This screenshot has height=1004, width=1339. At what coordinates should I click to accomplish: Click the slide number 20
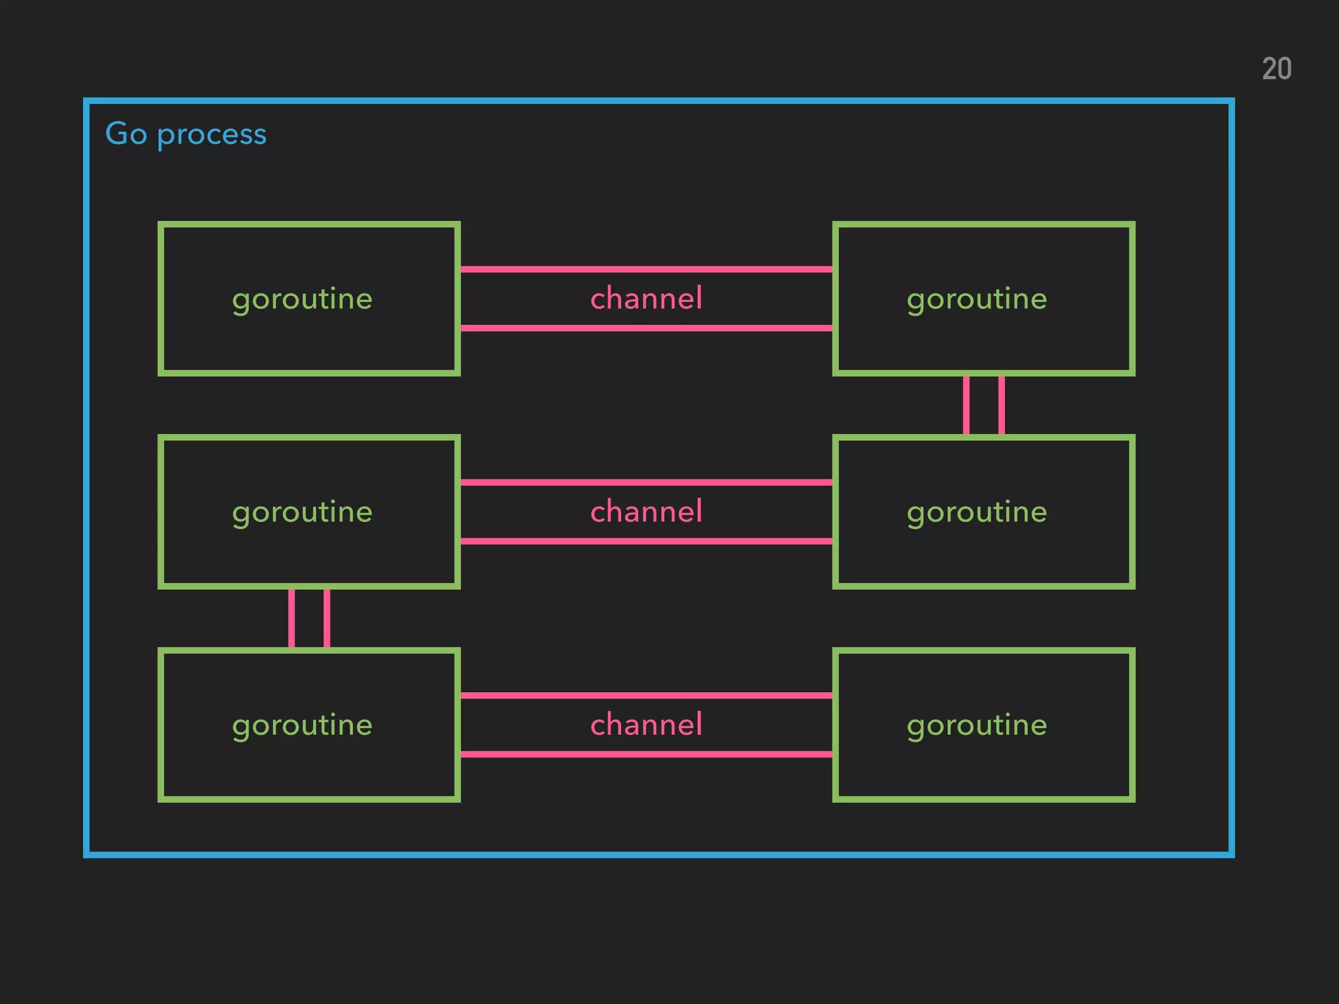click(x=1276, y=69)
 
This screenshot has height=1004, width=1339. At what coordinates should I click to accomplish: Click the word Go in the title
click(x=126, y=134)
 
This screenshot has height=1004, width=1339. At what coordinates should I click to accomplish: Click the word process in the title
click(x=212, y=135)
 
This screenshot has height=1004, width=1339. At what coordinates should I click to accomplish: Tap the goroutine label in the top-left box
click(x=302, y=299)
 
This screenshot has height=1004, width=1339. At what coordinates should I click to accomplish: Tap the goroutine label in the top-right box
click(x=977, y=299)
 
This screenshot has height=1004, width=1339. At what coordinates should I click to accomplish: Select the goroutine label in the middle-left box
click(x=302, y=512)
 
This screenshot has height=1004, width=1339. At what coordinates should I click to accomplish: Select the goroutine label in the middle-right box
click(x=977, y=512)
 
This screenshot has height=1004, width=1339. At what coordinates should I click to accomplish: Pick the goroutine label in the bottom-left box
click(x=302, y=726)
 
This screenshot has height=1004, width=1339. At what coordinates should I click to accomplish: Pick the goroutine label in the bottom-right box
click(x=977, y=726)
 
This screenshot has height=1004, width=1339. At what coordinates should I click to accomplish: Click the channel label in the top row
click(x=646, y=299)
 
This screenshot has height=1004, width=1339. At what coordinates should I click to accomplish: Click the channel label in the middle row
click(x=646, y=512)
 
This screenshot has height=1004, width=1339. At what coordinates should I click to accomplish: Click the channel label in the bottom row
click(x=646, y=725)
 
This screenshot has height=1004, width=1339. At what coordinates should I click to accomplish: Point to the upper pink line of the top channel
click(x=646, y=269)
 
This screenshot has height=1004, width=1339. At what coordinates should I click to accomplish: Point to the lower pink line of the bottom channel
click(x=646, y=754)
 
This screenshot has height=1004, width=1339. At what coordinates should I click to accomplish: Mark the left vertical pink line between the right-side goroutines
click(x=966, y=405)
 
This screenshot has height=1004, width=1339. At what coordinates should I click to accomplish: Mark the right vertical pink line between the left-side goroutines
click(x=327, y=618)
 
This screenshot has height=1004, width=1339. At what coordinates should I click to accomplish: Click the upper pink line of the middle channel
click(x=646, y=482)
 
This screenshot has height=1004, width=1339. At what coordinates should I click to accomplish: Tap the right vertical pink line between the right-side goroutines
click(x=1002, y=405)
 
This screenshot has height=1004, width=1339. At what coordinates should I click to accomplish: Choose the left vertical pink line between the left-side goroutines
click(x=292, y=618)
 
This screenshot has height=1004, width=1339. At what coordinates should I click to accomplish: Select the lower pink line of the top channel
click(x=646, y=328)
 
